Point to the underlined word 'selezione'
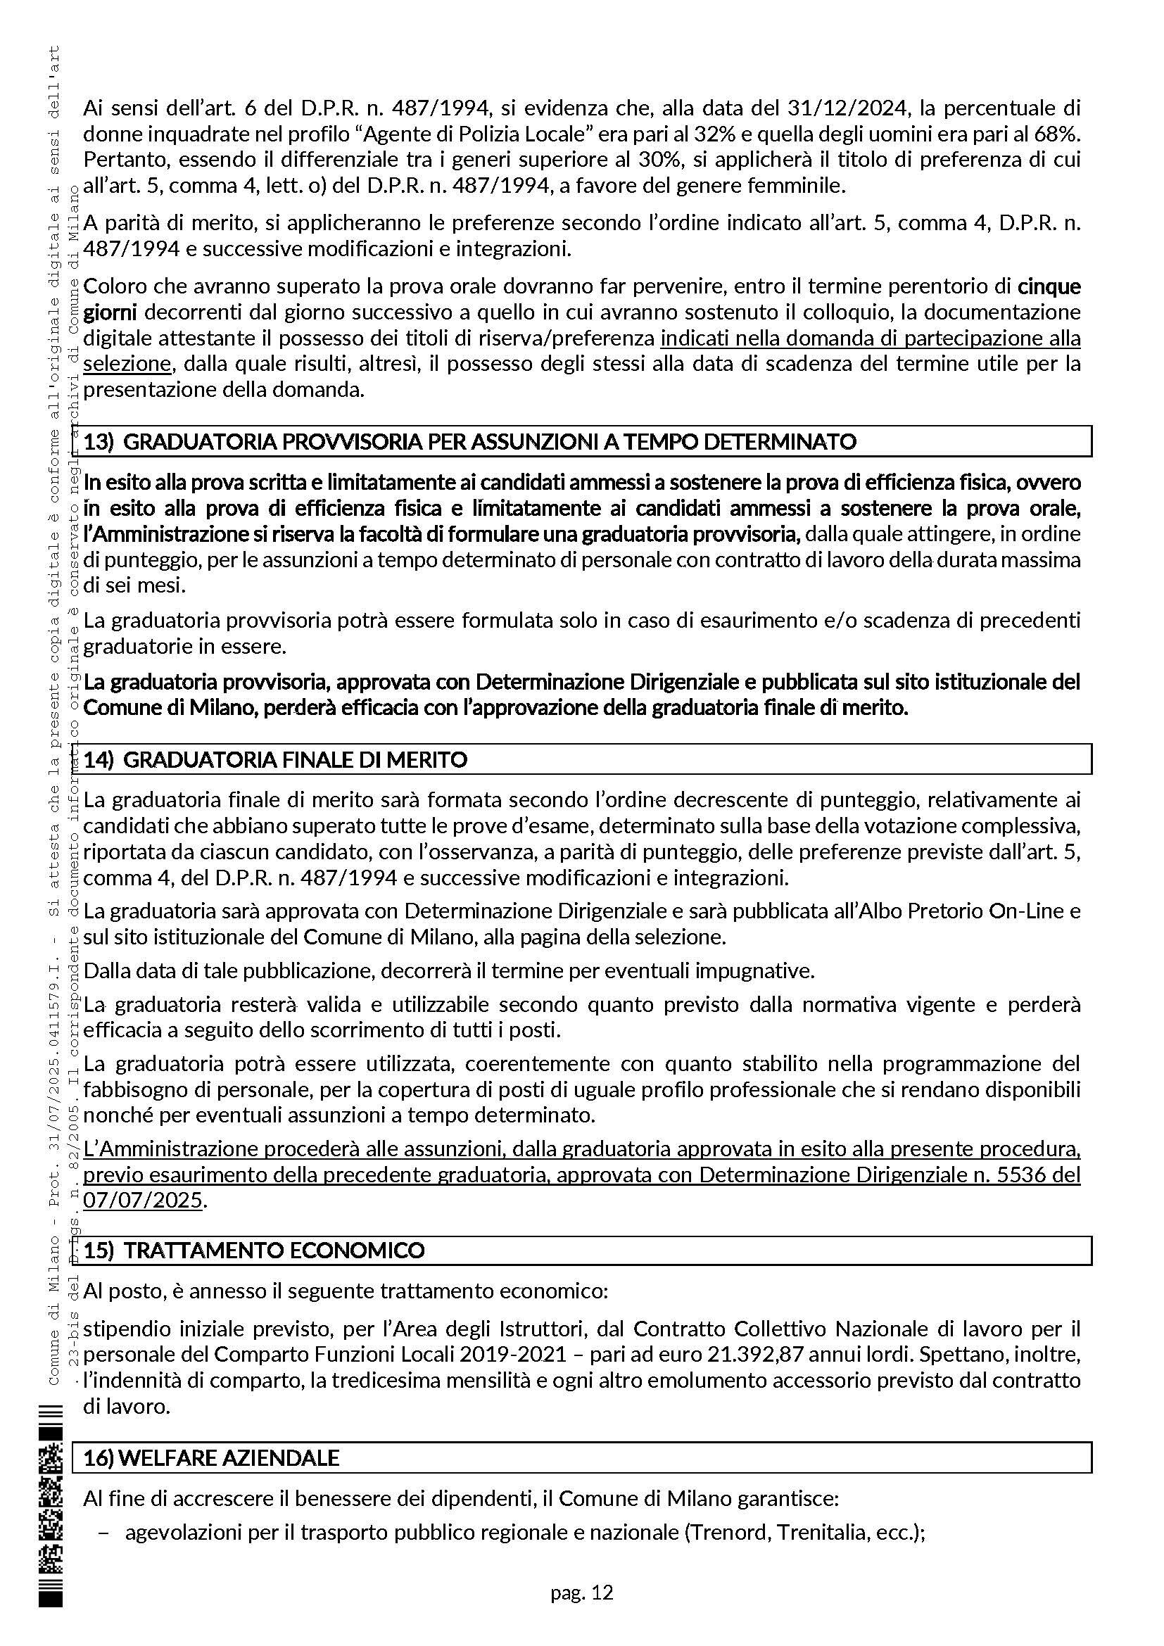[x=127, y=365]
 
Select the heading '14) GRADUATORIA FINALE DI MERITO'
[x=275, y=760]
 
